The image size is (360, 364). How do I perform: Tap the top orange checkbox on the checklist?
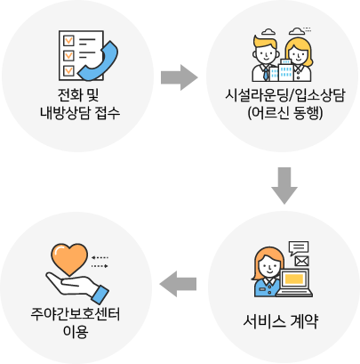tap(68, 40)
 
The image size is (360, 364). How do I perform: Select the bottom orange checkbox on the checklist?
tap(68, 70)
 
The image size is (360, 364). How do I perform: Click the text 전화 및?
tap(78, 95)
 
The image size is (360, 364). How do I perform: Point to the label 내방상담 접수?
tap(80, 113)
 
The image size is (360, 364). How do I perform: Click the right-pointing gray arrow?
tap(180, 77)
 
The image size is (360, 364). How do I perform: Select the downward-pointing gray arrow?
tap(284, 186)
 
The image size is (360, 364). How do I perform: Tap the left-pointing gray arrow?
tap(178, 284)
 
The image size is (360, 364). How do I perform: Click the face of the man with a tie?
tap(266, 54)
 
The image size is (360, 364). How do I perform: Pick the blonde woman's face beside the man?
tap(299, 54)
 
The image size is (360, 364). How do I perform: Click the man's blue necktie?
tap(266, 74)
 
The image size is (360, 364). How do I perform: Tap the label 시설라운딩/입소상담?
tap(285, 95)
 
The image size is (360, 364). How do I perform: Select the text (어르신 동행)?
tap(285, 113)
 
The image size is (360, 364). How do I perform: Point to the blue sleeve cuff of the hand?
tap(100, 295)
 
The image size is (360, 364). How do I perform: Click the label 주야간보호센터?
tap(76, 314)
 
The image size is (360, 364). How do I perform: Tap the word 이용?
tap(76, 332)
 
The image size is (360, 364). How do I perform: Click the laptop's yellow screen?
tap(294, 279)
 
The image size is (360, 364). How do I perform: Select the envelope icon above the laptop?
tap(301, 261)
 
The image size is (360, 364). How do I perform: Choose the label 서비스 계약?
tap(280, 321)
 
